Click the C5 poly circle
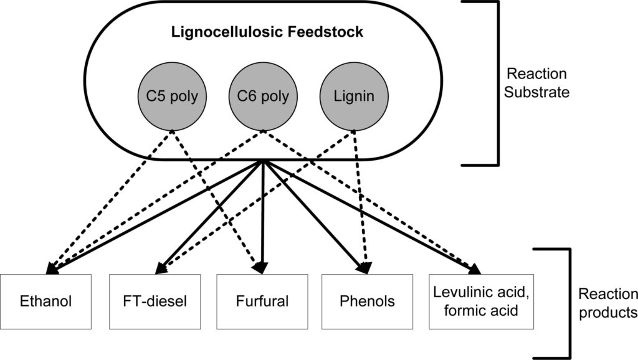pyautogui.click(x=172, y=98)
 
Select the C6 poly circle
pyautogui.click(x=262, y=98)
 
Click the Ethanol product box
pyautogui.click(x=45, y=301)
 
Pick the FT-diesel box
pyautogui.click(x=156, y=301)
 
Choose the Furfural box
pyautogui.click(x=262, y=301)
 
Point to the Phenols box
pyautogui.click(x=368, y=301)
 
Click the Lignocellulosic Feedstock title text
pyautogui.click(x=267, y=32)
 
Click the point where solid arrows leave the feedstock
pyautogui.click(x=263, y=161)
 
